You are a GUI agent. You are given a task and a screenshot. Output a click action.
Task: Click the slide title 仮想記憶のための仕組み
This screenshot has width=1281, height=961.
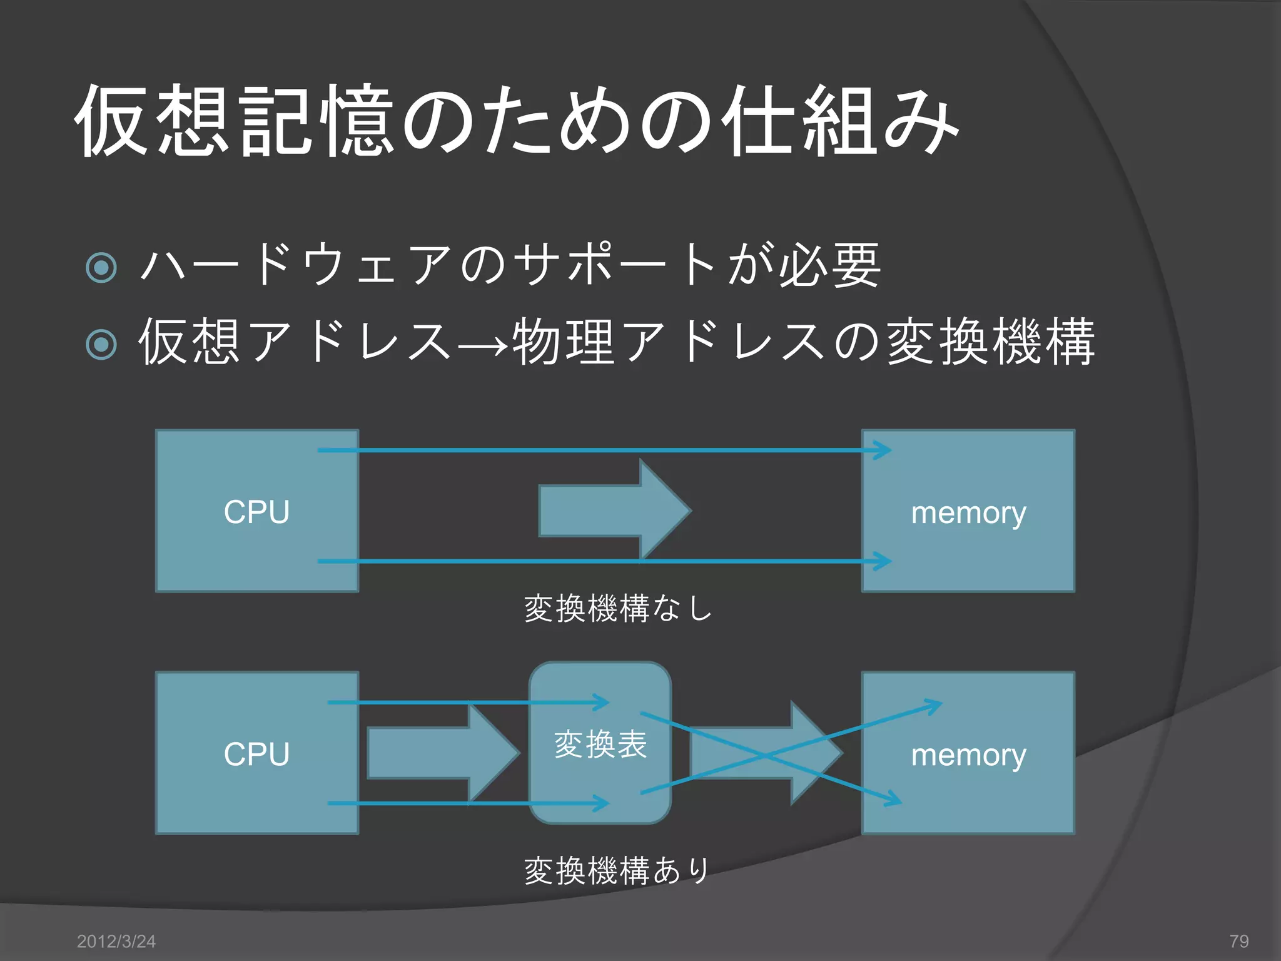516,120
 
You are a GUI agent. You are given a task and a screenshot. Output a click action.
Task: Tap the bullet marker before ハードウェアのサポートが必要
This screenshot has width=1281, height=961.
101,268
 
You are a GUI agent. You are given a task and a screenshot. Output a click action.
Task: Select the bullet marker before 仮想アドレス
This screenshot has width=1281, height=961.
101,344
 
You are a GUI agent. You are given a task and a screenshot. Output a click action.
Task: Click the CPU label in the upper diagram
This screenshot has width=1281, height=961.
256,512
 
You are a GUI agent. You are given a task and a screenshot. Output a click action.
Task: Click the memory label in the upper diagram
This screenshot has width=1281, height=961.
968,513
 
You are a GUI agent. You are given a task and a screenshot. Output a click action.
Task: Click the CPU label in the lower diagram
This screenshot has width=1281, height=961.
256,754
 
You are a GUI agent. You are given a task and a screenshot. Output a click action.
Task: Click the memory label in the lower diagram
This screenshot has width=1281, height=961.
968,755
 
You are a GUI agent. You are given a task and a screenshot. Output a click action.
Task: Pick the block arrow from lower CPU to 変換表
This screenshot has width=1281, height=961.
442,753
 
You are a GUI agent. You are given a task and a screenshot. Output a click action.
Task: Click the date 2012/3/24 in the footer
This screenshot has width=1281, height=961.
116,941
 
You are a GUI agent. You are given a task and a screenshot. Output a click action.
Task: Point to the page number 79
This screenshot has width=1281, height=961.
1238,941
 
